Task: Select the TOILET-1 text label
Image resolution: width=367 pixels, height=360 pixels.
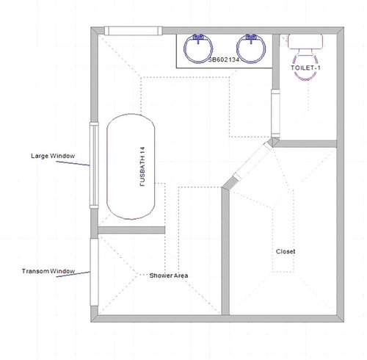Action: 306,68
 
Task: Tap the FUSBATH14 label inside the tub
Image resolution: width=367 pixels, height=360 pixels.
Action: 143,167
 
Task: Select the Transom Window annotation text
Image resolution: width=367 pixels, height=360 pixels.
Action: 49,272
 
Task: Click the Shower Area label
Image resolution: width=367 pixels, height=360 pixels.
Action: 170,276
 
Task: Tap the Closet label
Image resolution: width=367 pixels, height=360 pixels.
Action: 286,251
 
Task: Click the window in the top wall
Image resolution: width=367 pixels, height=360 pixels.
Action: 133,31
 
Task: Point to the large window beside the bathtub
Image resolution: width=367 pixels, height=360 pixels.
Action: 93,166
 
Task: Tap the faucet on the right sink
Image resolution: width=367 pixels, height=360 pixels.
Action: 251,36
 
